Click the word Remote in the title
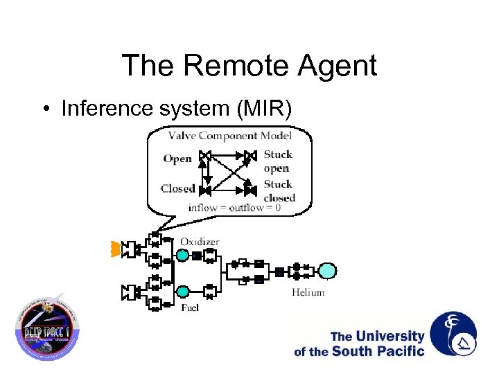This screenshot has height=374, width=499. click(x=223, y=66)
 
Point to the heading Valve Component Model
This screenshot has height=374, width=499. click(x=229, y=136)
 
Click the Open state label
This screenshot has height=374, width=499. click(x=177, y=159)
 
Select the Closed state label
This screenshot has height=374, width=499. click(x=177, y=188)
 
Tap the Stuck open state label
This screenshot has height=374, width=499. click(x=277, y=161)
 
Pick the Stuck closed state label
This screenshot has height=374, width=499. click(x=279, y=191)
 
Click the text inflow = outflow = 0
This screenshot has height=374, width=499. click(x=234, y=207)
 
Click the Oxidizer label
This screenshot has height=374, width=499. click(x=200, y=242)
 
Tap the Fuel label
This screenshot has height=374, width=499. click(x=190, y=307)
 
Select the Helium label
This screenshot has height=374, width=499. click(x=308, y=292)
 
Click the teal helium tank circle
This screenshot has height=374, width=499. click(x=327, y=271)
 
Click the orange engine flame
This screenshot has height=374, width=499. click(x=116, y=249)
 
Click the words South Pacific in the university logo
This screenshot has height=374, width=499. click(x=378, y=350)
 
